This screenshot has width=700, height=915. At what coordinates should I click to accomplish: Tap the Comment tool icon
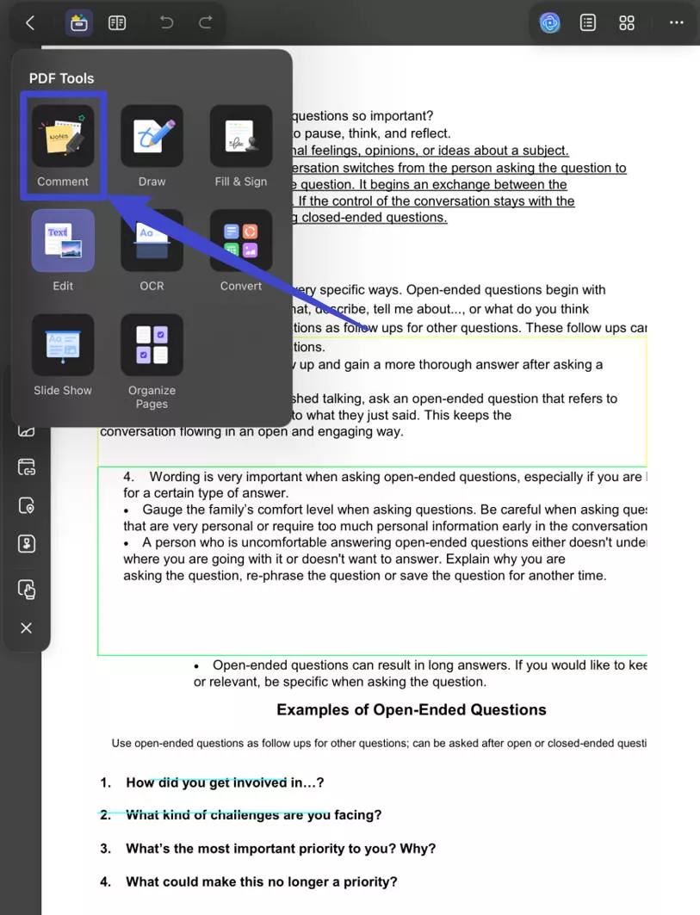(x=63, y=136)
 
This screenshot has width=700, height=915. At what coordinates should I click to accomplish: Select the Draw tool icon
(x=152, y=136)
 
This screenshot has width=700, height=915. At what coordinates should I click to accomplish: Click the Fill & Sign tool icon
(x=241, y=136)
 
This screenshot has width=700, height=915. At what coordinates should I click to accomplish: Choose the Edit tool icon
(x=63, y=240)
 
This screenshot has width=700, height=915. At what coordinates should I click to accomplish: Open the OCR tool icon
(x=152, y=240)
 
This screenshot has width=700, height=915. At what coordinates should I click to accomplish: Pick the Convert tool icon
(x=241, y=240)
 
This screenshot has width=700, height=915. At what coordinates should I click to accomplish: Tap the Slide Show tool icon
(x=63, y=344)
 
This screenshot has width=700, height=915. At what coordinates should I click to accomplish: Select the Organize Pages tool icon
(x=152, y=344)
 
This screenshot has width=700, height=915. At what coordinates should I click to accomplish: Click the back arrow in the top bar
(x=30, y=23)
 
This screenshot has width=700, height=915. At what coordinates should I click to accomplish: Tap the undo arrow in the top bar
(x=166, y=23)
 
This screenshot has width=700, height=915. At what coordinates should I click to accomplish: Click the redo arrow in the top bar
(x=205, y=23)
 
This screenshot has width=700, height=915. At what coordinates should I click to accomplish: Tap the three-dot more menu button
(x=677, y=23)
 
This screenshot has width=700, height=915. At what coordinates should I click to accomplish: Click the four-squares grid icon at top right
(x=627, y=23)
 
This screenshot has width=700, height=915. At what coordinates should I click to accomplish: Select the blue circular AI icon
(x=549, y=23)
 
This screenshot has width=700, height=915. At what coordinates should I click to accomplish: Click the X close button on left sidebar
(x=26, y=628)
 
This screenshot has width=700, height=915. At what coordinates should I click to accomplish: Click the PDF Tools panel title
(x=61, y=78)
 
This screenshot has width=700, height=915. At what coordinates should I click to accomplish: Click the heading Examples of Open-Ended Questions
(x=411, y=710)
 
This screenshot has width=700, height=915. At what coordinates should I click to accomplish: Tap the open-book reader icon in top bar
(x=117, y=23)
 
